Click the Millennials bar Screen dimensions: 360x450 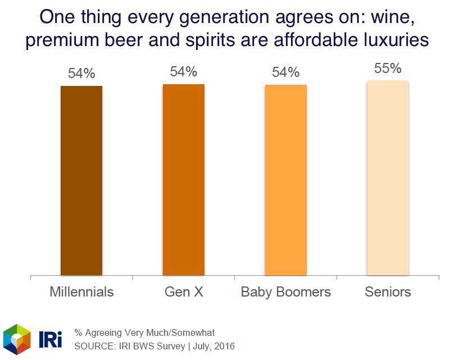pos(81,180)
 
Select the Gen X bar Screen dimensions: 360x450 pos(184,180)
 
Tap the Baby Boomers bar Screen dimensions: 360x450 pos(286,180)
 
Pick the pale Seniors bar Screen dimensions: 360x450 pos(388,178)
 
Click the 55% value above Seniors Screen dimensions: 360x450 pos(388,69)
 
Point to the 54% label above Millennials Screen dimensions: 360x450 pos(81,74)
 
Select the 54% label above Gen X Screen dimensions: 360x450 pos(184,72)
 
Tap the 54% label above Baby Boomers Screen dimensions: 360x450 pos(286,72)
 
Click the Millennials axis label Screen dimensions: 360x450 pos(81,292)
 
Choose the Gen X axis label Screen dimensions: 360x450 pos(184,292)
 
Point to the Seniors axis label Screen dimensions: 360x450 pos(388,292)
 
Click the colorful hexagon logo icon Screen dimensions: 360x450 pos(17,339)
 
